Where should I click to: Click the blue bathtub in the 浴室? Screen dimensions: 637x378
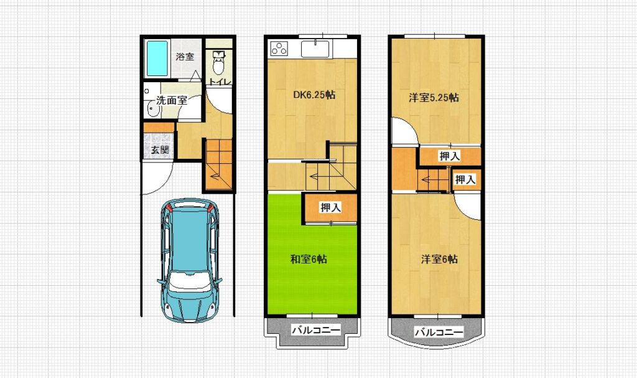click(157, 58)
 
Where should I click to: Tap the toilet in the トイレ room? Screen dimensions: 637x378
click(218, 62)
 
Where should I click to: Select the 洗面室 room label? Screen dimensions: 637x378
click(172, 100)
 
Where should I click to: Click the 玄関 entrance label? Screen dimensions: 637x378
click(160, 149)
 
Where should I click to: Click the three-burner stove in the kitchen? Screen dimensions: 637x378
click(279, 49)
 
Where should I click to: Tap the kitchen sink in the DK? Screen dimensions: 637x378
click(315, 49)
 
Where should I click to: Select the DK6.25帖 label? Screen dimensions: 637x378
click(314, 95)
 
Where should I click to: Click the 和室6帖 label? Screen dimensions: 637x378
click(309, 259)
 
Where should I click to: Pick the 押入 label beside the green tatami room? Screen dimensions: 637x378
click(330, 207)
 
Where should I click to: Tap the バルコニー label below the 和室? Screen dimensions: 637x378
click(315, 329)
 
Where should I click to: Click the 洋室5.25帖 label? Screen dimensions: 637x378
click(434, 98)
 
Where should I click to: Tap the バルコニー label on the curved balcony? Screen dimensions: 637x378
click(439, 333)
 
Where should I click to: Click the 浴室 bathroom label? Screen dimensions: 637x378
click(185, 57)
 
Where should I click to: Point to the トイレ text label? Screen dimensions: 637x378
click(220, 82)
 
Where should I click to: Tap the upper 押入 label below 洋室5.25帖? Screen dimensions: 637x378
click(449, 156)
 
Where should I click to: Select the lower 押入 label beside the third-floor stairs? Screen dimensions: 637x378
click(465, 179)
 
